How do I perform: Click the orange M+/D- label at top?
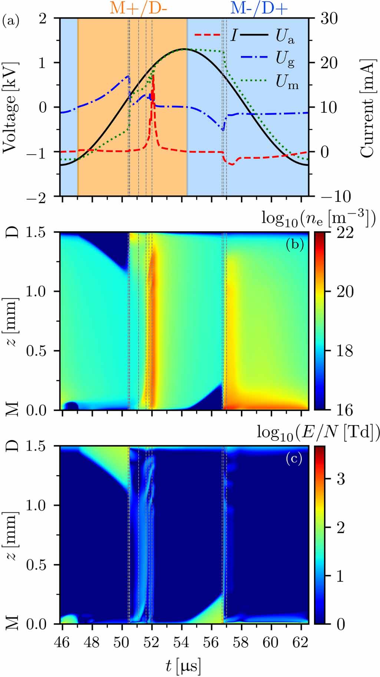pyautogui.click(x=139, y=8)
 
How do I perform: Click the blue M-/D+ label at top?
pyautogui.click(x=259, y=8)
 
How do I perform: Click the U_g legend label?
pyautogui.click(x=285, y=59)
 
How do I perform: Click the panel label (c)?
pyautogui.click(x=294, y=459)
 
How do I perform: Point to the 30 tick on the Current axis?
pyautogui.click(x=329, y=18)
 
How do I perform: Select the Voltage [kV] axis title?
pyautogui.click(x=10, y=108)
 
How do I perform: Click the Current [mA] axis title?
pyautogui.click(x=367, y=108)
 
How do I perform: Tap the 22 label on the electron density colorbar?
pyautogui.click(x=345, y=233)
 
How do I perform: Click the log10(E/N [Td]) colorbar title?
pyautogui.click(x=318, y=433)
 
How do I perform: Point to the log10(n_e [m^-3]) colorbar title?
pyautogui.click(x=318, y=218)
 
